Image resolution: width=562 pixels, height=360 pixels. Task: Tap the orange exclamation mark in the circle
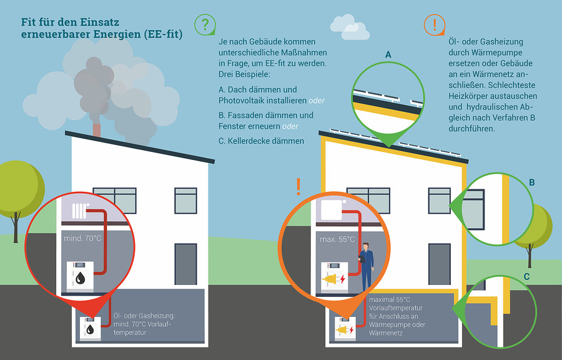click(434, 24)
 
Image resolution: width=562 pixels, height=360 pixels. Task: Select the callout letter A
click(388, 55)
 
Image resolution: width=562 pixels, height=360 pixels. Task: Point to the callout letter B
click(532, 182)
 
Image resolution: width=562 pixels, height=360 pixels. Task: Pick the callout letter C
click(526, 276)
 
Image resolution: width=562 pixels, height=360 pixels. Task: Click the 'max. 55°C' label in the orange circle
click(337, 239)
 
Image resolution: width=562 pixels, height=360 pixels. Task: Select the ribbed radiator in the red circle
click(79, 211)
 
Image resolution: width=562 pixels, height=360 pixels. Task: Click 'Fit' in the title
click(29, 22)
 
